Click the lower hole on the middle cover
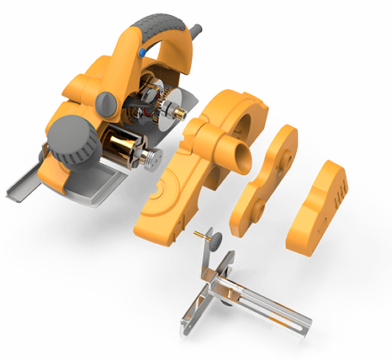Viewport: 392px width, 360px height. (252, 206)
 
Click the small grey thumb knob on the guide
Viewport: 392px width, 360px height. (215, 241)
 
